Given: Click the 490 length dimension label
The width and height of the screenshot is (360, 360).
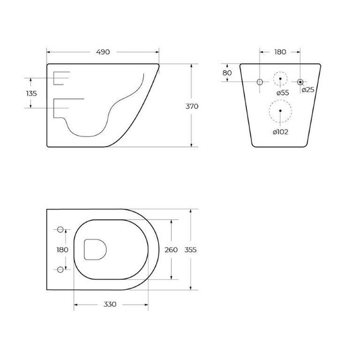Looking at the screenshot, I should pyautogui.click(x=103, y=52).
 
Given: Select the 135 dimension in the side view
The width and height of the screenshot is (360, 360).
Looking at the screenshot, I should pyautogui.click(x=32, y=93).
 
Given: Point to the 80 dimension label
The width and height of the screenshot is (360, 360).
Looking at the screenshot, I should pyautogui.click(x=227, y=73).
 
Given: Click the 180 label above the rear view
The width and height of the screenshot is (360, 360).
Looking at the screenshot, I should pyautogui.click(x=280, y=52).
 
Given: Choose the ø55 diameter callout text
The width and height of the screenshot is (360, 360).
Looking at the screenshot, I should pyautogui.click(x=282, y=93).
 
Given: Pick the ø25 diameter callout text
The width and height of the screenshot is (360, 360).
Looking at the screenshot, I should pyautogui.click(x=308, y=90).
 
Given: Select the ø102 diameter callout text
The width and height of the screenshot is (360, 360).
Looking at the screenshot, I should pyautogui.click(x=281, y=131).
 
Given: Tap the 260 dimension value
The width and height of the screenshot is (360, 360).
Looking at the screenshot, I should pyautogui.click(x=171, y=249).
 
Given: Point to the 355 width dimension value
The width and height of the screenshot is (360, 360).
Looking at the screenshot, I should pyautogui.click(x=191, y=249).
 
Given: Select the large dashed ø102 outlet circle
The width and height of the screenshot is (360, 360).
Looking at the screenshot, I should pyautogui.click(x=280, y=112).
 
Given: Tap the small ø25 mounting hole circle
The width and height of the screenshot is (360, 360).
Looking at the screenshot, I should pyautogui.click(x=301, y=82).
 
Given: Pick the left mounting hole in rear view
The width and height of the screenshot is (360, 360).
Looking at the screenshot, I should pyautogui.click(x=260, y=82).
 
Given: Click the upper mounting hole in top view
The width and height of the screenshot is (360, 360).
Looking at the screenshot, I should pyautogui.click(x=60, y=229).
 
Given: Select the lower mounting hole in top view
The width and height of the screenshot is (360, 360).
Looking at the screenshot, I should pyautogui.click(x=60, y=270).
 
